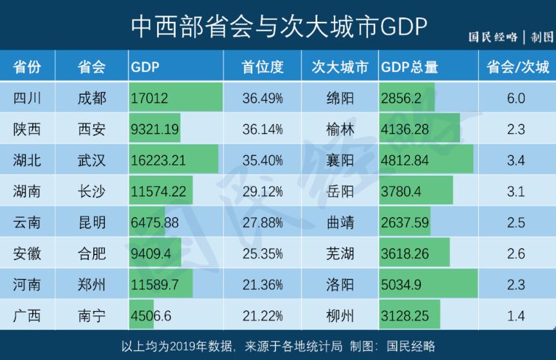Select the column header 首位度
coord(263,67)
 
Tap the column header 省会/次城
coord(517,67)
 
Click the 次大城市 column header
coord(340,67)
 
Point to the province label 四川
coord(27,99)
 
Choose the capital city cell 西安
coord(91,129)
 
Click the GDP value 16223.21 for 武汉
coord(158,160)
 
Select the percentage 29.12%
coord(263,191)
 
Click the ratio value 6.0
coord(516,99)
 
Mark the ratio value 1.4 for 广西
coord(516,316)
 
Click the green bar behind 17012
coord(199,99)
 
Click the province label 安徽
coord(27,254)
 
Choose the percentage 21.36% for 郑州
coord(263,285)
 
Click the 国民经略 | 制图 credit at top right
coord(510,37)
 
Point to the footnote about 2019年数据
coord(278,345)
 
